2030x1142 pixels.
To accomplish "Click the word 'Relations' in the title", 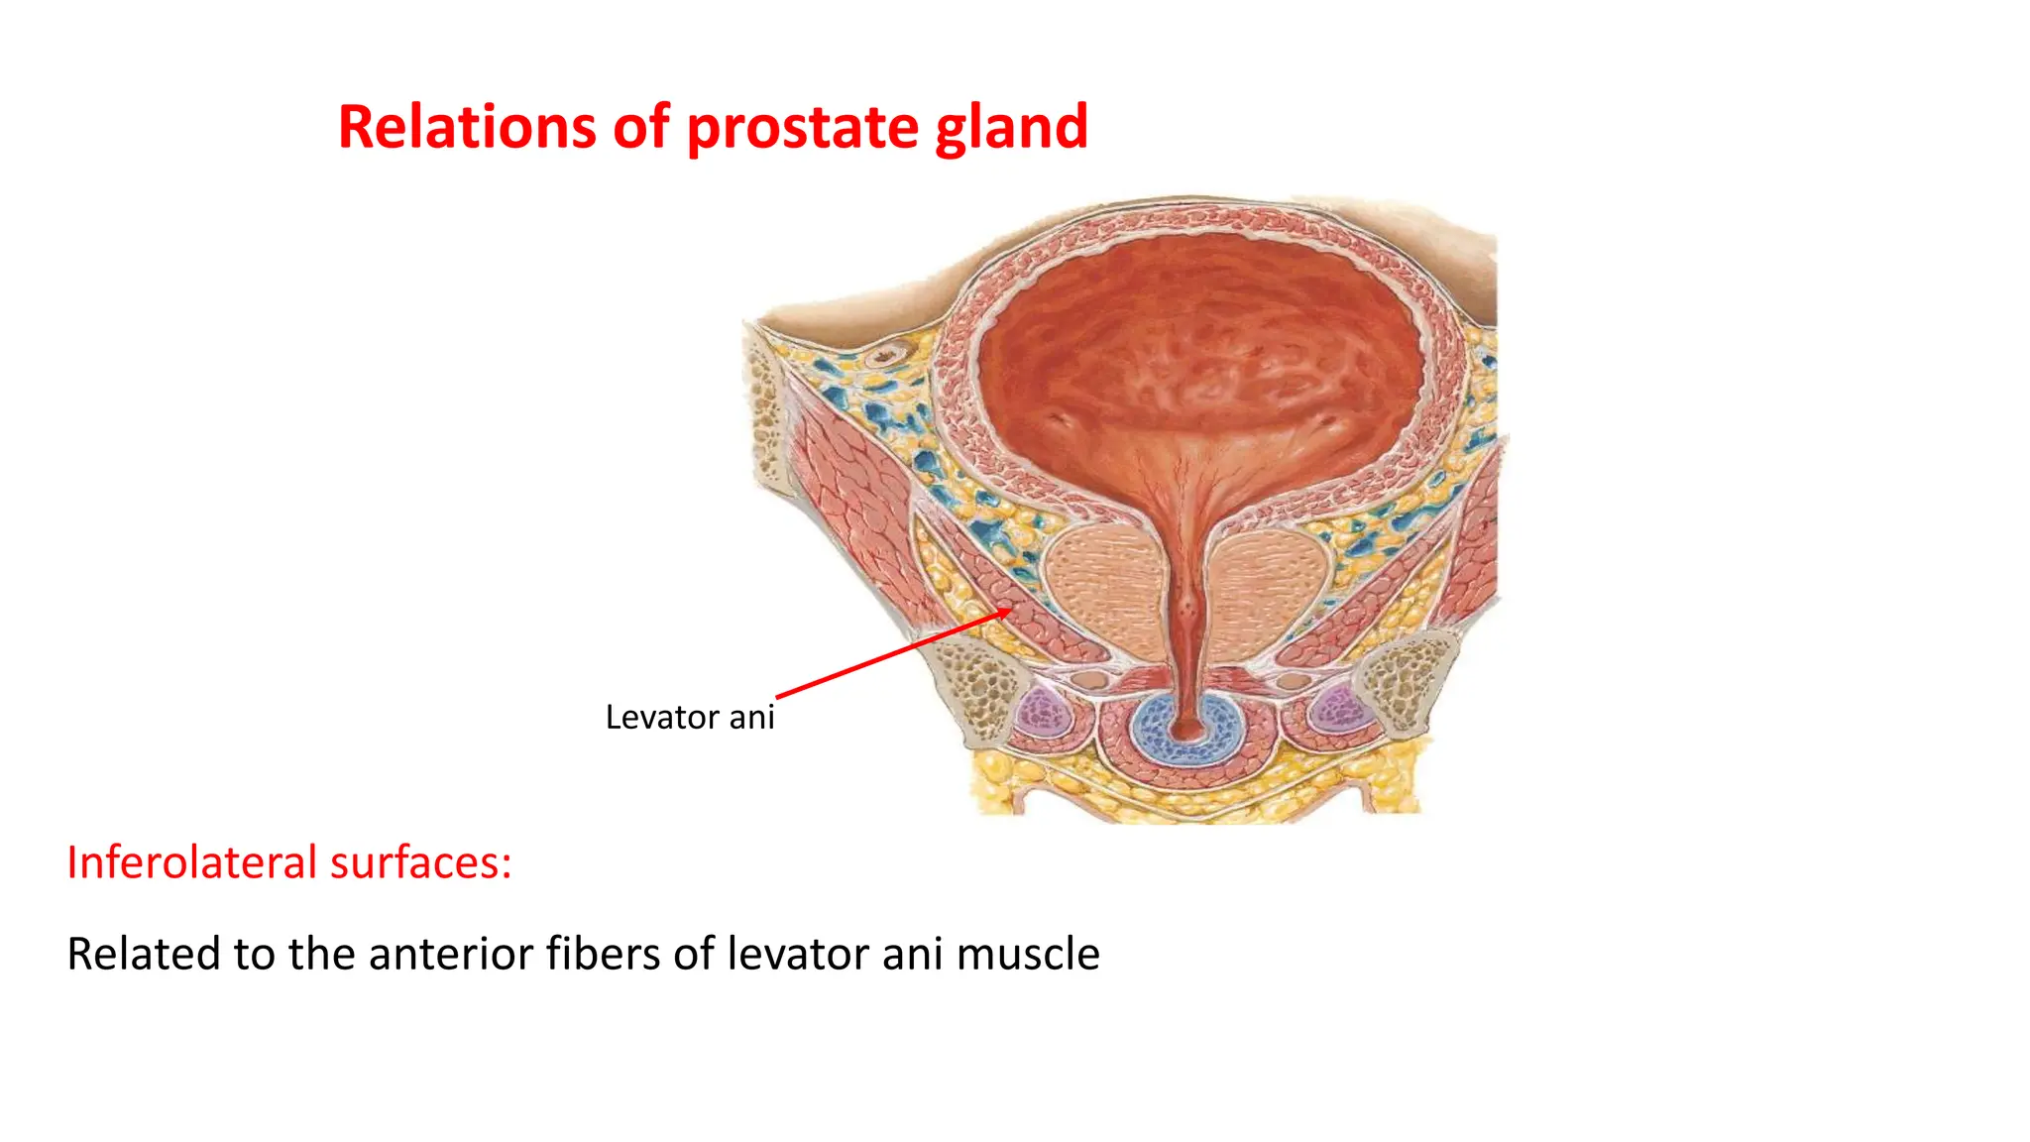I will (x=466, y=127).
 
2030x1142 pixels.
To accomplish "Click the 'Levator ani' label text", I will (x=690, y=717).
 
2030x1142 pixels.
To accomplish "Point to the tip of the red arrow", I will (x=1010, y=610).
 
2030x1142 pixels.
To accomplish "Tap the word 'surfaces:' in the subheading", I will (x=420, y=861).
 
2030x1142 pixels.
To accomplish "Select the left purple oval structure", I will (x=1041, y=712).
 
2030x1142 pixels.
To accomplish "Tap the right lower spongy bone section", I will (x=1408, y=679).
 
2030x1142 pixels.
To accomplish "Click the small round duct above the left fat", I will (x=886, y=354).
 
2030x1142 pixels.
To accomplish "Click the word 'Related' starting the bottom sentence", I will (x=143, y=954).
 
